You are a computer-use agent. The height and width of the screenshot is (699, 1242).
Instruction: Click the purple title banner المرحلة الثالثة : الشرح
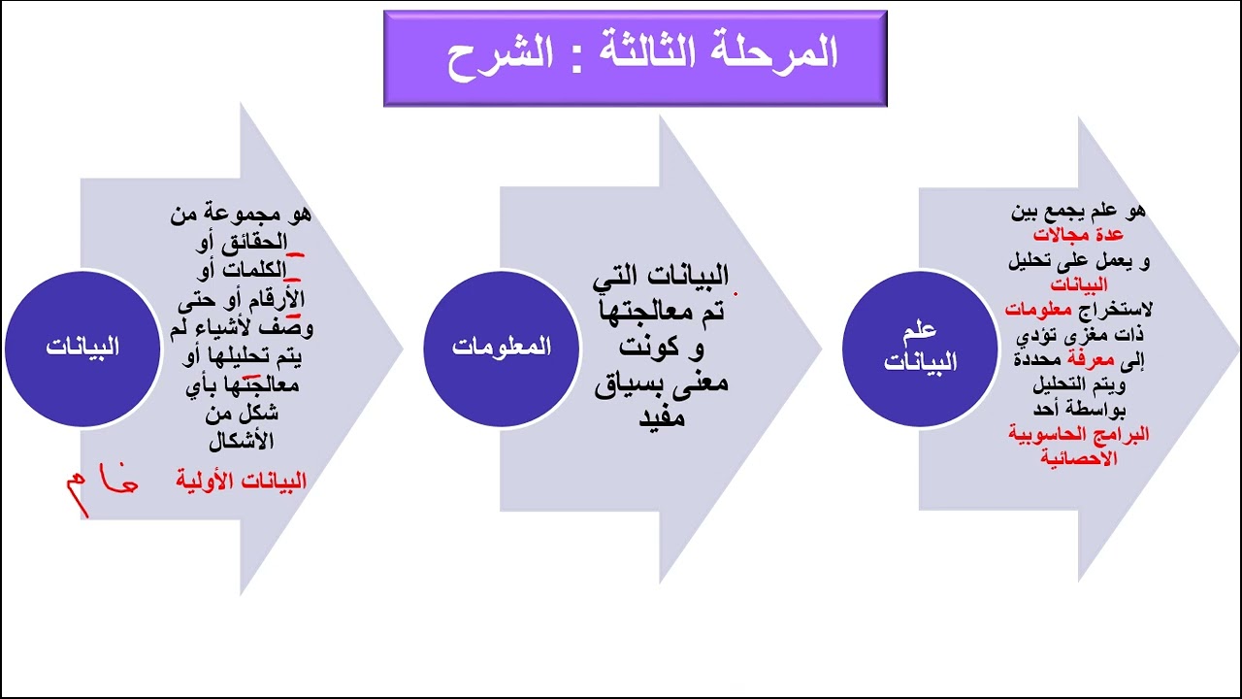pos(635,57)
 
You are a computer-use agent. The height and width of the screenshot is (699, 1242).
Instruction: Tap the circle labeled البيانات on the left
pos(82,348)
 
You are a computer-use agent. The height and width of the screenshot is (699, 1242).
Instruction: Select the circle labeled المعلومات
pos(501,348)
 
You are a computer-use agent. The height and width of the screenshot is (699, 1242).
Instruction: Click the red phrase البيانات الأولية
pos(242,481)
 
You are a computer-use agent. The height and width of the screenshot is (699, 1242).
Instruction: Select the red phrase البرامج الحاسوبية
pos(1079,435)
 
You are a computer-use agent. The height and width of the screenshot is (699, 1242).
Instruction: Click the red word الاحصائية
pos(1079,458)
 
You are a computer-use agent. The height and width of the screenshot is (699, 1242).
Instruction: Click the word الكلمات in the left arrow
pos(255,268)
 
